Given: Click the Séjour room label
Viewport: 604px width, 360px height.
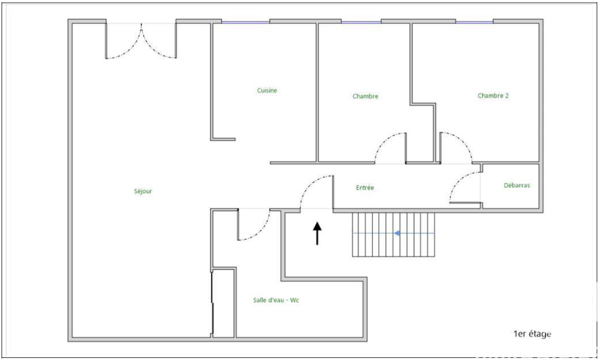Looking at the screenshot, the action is (143, 191).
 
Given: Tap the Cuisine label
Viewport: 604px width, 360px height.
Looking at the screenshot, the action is (267, 91).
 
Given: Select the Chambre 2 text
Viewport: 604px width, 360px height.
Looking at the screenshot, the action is (493, 95).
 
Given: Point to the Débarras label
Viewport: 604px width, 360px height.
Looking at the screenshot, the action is (517, 185).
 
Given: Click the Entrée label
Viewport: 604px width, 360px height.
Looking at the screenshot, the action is (365, 188).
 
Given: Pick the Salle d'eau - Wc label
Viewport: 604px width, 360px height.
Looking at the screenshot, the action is (276, 300).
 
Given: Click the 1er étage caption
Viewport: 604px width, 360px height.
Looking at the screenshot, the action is (532, 334).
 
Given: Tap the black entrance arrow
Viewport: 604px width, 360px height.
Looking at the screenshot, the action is (317, 233).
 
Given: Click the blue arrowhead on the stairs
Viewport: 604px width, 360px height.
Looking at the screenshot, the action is (397, 233).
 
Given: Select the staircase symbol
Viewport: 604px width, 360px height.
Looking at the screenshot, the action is (393, 234).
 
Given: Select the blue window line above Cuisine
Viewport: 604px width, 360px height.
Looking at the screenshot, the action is (245, 22).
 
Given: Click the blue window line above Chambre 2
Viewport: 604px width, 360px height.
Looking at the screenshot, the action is (474, 22).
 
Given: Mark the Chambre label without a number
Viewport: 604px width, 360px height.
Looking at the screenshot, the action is (365, 96).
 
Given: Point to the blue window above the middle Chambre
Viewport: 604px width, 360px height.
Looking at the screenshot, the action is (361, 22).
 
